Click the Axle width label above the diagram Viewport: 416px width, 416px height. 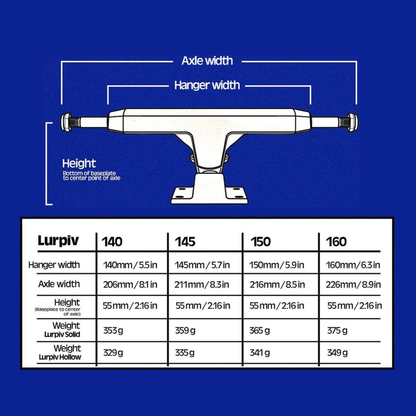(207, 61)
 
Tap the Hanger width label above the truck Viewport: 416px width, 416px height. (207, 85)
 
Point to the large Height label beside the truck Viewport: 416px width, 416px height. (79, 164)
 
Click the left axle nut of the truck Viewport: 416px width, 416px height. (67, 122)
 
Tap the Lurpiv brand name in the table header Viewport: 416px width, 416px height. (58, 241)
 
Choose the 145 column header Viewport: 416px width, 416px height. (185, 242)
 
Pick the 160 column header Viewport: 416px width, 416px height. (336, 242)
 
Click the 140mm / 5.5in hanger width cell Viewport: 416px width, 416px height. (130, 265)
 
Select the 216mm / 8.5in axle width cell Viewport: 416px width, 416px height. (277, 285)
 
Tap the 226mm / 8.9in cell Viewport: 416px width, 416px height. (353, 285)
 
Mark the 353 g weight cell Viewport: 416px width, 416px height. (113, 331)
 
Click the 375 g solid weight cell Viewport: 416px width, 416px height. (337, 331)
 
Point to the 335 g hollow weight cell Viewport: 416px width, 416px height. (185, 353)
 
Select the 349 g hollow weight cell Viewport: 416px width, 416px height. (337, 353)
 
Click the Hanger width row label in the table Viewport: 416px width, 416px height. (54, 265)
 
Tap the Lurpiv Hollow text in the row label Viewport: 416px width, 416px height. (60, 357)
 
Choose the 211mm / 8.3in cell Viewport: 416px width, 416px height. (202, 285)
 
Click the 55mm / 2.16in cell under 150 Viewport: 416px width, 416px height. (277, 306)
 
